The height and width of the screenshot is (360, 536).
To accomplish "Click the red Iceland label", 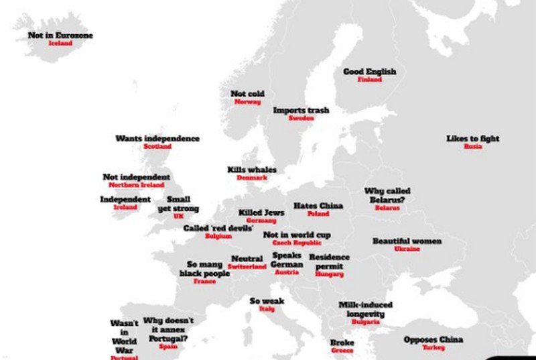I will pyautogui.click(x=60, y=44).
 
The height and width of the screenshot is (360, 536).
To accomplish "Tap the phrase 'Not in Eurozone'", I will pyautogui.click(x=60, y=35).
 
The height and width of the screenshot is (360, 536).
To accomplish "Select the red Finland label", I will pyautogui.click(x=369, y=80).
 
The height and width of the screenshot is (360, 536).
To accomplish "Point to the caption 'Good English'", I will pyautogui.click(x=369, y=71).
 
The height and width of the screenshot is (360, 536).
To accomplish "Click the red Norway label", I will pyautogui.click(x=247, y=102).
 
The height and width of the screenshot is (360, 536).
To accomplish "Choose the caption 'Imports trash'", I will pyautogui.click(x=301, y=110).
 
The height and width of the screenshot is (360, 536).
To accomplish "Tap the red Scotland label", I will pyautogui.click(x=157, y=147).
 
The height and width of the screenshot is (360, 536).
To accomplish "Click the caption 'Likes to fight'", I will pyautogui.click(x=472, y=139).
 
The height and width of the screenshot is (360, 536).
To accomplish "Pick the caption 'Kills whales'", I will pyautogui.click(x=251, y=170).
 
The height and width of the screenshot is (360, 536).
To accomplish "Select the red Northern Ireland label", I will pyautogui.click(x=136, y=185).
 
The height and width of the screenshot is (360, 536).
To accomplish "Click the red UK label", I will pyautogui.click(x=178, y=217).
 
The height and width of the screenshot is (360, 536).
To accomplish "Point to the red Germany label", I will pyautogui.click(x=261, y=221).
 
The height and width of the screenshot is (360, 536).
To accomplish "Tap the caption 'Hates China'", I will pyautogui.click(x=318, y=206).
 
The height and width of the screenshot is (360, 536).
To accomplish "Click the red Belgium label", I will pyautogui.click(x=218, y=237).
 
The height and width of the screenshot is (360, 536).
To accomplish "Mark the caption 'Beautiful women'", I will pyautogui.click(x=407, y=241).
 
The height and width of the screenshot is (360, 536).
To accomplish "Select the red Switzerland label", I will pyautogui.click(x=247, y=267).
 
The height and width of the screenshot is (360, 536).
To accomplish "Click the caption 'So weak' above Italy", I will pyautogui.click(x=267, y=301).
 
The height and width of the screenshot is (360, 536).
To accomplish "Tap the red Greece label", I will pyautogui.click(x=342, y=351).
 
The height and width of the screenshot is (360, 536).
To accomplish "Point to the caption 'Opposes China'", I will pyautogui.click(x=433, y=340).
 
